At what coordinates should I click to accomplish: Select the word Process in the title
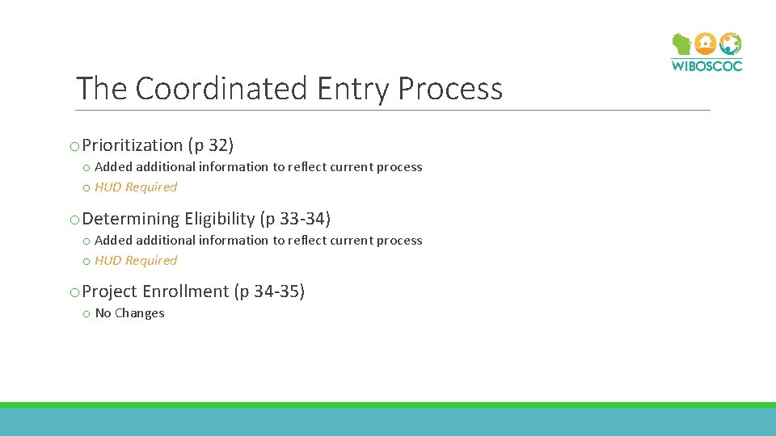pos(450,88)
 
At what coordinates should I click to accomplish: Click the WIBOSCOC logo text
pos(706,65)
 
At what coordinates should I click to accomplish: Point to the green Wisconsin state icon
pos(682,44)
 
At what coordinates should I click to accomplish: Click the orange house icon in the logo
pos(706,44)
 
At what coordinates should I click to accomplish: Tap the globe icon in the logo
pos(730,44)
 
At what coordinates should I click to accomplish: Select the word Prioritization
pos(133,145)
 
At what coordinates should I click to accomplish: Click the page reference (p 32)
pos(211,145)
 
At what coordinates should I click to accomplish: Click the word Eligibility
pos(219,219)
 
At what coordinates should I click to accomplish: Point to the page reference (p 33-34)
pos(295,219)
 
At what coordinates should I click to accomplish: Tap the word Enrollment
pos(185,291)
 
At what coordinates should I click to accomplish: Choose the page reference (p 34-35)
pos(269,291)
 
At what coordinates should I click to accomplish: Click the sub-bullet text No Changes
pos(129,313)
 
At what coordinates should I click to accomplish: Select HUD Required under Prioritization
pos(136,187)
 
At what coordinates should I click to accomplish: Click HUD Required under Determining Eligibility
pos(136,261)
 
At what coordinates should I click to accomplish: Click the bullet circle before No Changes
pos(86,314)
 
